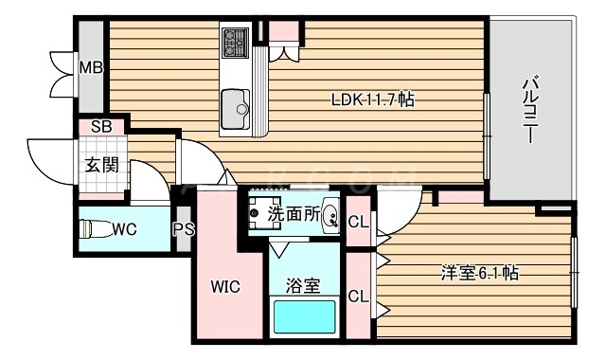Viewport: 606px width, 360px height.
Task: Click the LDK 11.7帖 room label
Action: (372, 99)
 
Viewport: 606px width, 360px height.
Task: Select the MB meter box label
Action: (90, 68)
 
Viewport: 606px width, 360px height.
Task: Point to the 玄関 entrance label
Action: (101, 165)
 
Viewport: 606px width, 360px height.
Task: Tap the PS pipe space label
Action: (184, 228)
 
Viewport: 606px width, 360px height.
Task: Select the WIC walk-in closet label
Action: (224, 286)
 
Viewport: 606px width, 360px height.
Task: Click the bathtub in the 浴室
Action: (305, 315)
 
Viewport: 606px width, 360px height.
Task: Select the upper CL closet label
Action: (358, 223)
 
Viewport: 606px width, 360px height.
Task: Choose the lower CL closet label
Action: (358, 296)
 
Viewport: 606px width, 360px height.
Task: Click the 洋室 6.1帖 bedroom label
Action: (477, 273)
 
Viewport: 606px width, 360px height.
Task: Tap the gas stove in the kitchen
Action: (236, 43)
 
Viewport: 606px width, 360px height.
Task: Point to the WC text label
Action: (123, 228)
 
